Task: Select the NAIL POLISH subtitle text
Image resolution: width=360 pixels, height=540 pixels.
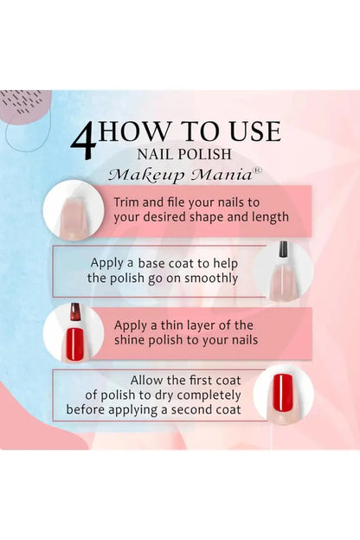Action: click(x=189, y=154)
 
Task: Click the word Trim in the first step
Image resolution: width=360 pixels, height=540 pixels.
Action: click(x=128, y=202)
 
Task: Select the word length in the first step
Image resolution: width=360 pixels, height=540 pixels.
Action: click(x=268, y=216)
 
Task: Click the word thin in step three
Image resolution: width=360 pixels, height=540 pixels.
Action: click(x=179, y=325)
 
